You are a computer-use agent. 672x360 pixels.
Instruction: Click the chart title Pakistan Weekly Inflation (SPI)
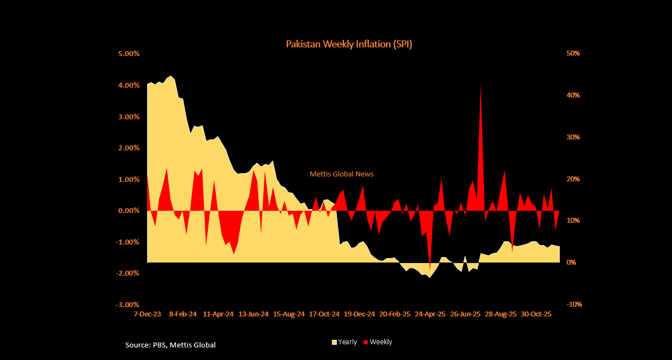click(349, 44)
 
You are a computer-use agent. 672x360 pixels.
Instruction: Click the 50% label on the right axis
click(573, 53)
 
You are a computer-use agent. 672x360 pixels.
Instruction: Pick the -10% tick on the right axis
click(574, 304)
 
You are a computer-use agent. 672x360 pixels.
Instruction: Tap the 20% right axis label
click(573, 179)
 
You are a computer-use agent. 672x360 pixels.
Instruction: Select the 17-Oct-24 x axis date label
click(324, 314)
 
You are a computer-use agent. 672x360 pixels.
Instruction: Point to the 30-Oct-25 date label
click(536, 314)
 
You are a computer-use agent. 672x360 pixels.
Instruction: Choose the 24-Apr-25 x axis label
click(430, 314)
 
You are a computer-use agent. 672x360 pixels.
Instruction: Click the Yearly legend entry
click(344, 342)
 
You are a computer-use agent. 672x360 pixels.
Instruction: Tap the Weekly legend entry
click(381, 342)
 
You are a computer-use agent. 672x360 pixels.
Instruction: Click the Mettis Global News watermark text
click(342, 174)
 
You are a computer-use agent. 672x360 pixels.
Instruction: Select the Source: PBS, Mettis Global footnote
click(171, 345)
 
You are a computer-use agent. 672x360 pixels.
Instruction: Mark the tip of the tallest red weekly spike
click(480, 84)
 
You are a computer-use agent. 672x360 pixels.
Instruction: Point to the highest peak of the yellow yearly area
click(171, 76)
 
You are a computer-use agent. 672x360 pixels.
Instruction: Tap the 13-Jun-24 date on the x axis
click(254, 314)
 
